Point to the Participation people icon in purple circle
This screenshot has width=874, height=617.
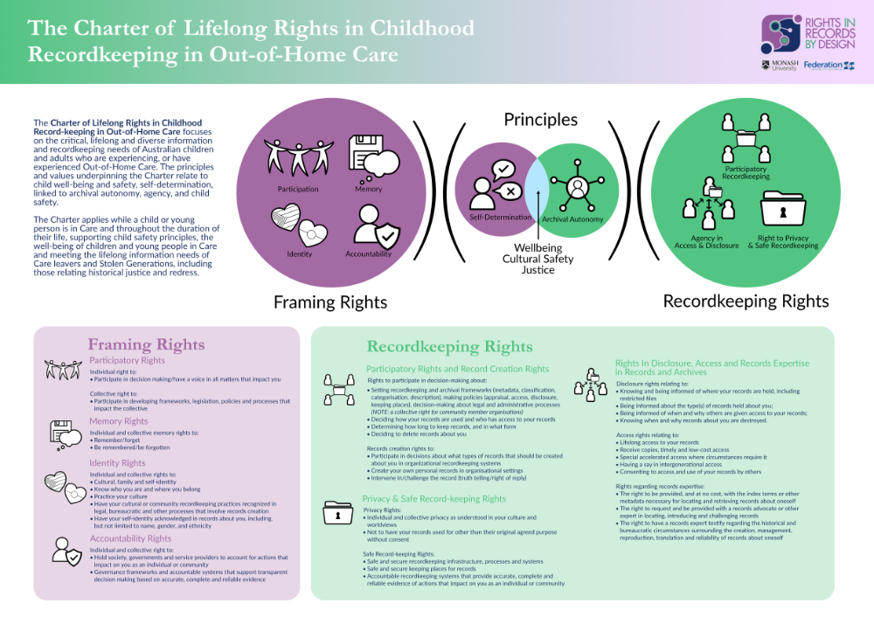pyautogui.click(x=298, y=159)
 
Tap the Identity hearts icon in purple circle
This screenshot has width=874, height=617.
pyautogui.click(x=299, y=226)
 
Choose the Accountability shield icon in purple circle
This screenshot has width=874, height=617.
pyautogui.click(x=375, y=225)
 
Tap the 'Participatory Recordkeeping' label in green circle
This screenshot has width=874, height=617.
pyautogui.click(x=746, y=171)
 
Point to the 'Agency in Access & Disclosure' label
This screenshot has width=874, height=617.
pyautogui.click(x=707, y=241)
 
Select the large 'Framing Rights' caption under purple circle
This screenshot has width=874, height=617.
pyautogui.click(x=330, y=302)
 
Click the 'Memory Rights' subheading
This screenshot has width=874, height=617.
pyautogui.click(x=119, y=421)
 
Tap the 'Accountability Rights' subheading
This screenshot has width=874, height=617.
pyautogui.click(x=130, y=539)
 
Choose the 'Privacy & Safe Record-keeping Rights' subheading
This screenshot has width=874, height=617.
pyautogui.click(x=434, y=499)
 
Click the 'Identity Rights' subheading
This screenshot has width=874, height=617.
pyautogui.click(x=117, y=463)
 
